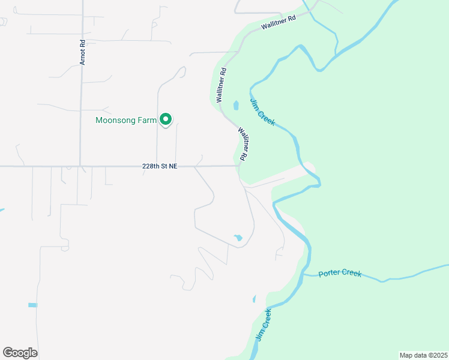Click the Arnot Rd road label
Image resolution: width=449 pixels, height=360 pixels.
[x=83, y=53]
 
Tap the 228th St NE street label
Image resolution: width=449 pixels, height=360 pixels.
[x=160, y=166]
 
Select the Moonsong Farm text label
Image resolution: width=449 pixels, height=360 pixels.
[x=126, y=120]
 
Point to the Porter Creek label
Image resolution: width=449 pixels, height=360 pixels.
[x=340, y=273]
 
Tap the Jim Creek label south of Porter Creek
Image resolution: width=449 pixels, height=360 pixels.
[x=263, y=324]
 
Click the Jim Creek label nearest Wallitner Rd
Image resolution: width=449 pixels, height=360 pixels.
[x=262, y=112]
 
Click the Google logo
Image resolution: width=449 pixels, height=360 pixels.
[x=20, y=353]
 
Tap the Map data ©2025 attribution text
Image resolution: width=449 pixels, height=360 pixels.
[x=423, y=355]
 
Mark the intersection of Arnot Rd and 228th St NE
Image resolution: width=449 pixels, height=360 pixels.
[x=80, y=166]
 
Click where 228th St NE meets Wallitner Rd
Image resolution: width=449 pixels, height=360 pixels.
[x=239, y=166]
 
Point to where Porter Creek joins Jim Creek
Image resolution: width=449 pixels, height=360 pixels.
[x=305, y=275]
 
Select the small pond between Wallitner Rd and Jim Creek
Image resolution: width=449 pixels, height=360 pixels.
[x=235, y=106]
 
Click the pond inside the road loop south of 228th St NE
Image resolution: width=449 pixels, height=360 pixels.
[x=238, y=238]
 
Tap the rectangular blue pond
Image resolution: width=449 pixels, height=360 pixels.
[x=32, y=305]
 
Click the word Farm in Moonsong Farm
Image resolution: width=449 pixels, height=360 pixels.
[x=148, y=120]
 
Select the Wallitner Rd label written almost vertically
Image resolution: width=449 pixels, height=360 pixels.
[x=222, y=86]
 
